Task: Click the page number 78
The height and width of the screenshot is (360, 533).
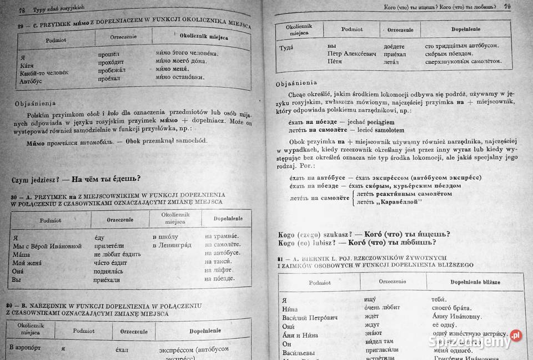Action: (22, 11)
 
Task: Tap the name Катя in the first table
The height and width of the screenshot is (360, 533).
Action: (26, 65)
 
